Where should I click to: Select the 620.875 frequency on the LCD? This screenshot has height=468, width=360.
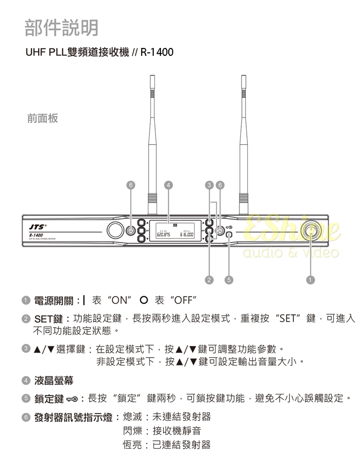pyautogui.click(x=163, y=234)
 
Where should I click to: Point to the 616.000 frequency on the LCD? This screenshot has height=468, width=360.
pyautogui.click(x=187, y=234)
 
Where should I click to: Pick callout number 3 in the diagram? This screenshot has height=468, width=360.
pyautogui.click(x=209, y=185)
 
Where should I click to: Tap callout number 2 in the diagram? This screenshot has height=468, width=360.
pyautogui.click(x=209, y=279)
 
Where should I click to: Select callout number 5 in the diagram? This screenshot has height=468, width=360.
pyautogui.click(x=229, y=279)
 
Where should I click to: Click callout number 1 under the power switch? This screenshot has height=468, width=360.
pyautogui.click(x=311, y=279)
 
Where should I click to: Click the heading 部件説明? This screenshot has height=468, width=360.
pyautogui.click(x=61, y=28)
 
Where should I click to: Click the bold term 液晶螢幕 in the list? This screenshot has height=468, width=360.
pyautogui.click(x=54, y=381)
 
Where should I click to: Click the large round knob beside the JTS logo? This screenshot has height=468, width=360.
pyautogui.click(x=114, y=230)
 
